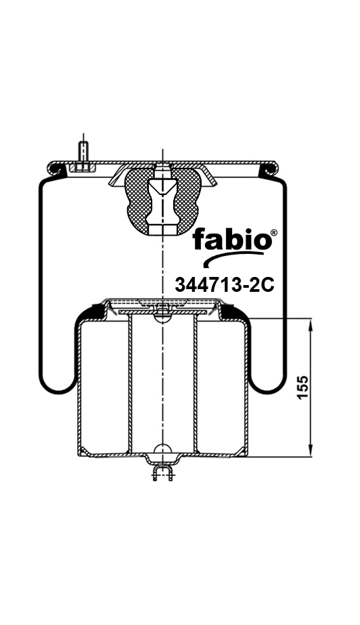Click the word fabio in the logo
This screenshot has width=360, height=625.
230,241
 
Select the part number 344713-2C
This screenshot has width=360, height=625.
224,285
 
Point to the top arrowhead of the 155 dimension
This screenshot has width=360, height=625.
311,325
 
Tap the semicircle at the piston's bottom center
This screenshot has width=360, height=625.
162,450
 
